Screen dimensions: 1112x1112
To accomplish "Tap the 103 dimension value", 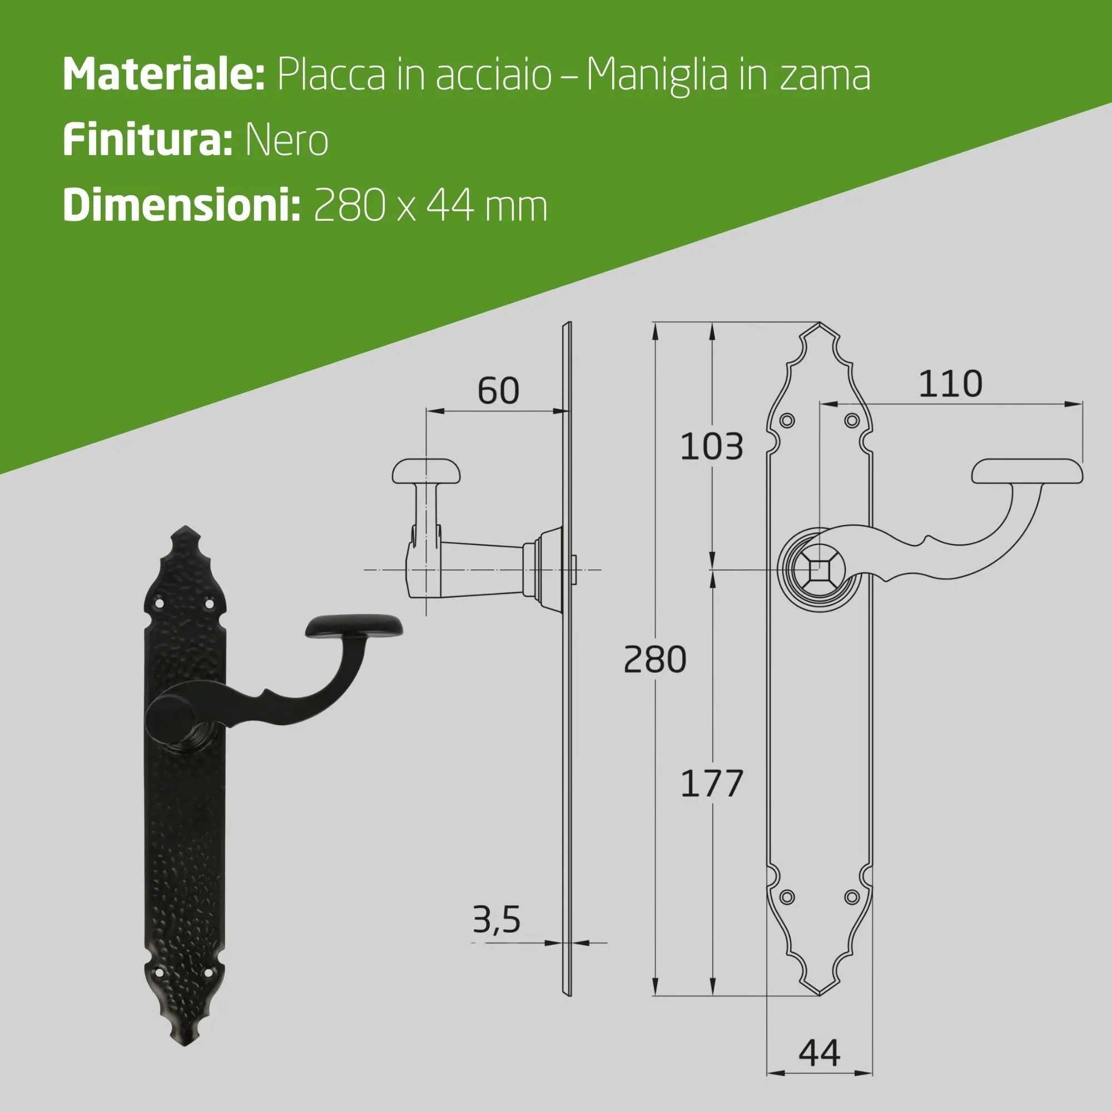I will [x=712, y=446].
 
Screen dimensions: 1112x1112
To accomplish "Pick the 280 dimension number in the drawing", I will [x=655, y=659].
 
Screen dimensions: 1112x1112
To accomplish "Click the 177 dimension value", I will [x=712, y=783].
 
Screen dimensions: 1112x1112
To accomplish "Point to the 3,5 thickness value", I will [x=496, y=919].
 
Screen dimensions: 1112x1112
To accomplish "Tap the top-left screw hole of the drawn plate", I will [x=787, y=421].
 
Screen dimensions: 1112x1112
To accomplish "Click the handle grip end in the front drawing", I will [x=1027, y=473].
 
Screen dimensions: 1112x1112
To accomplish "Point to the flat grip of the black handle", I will [x=354, y=628].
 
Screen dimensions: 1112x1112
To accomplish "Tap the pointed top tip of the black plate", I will [x=185, y=528].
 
